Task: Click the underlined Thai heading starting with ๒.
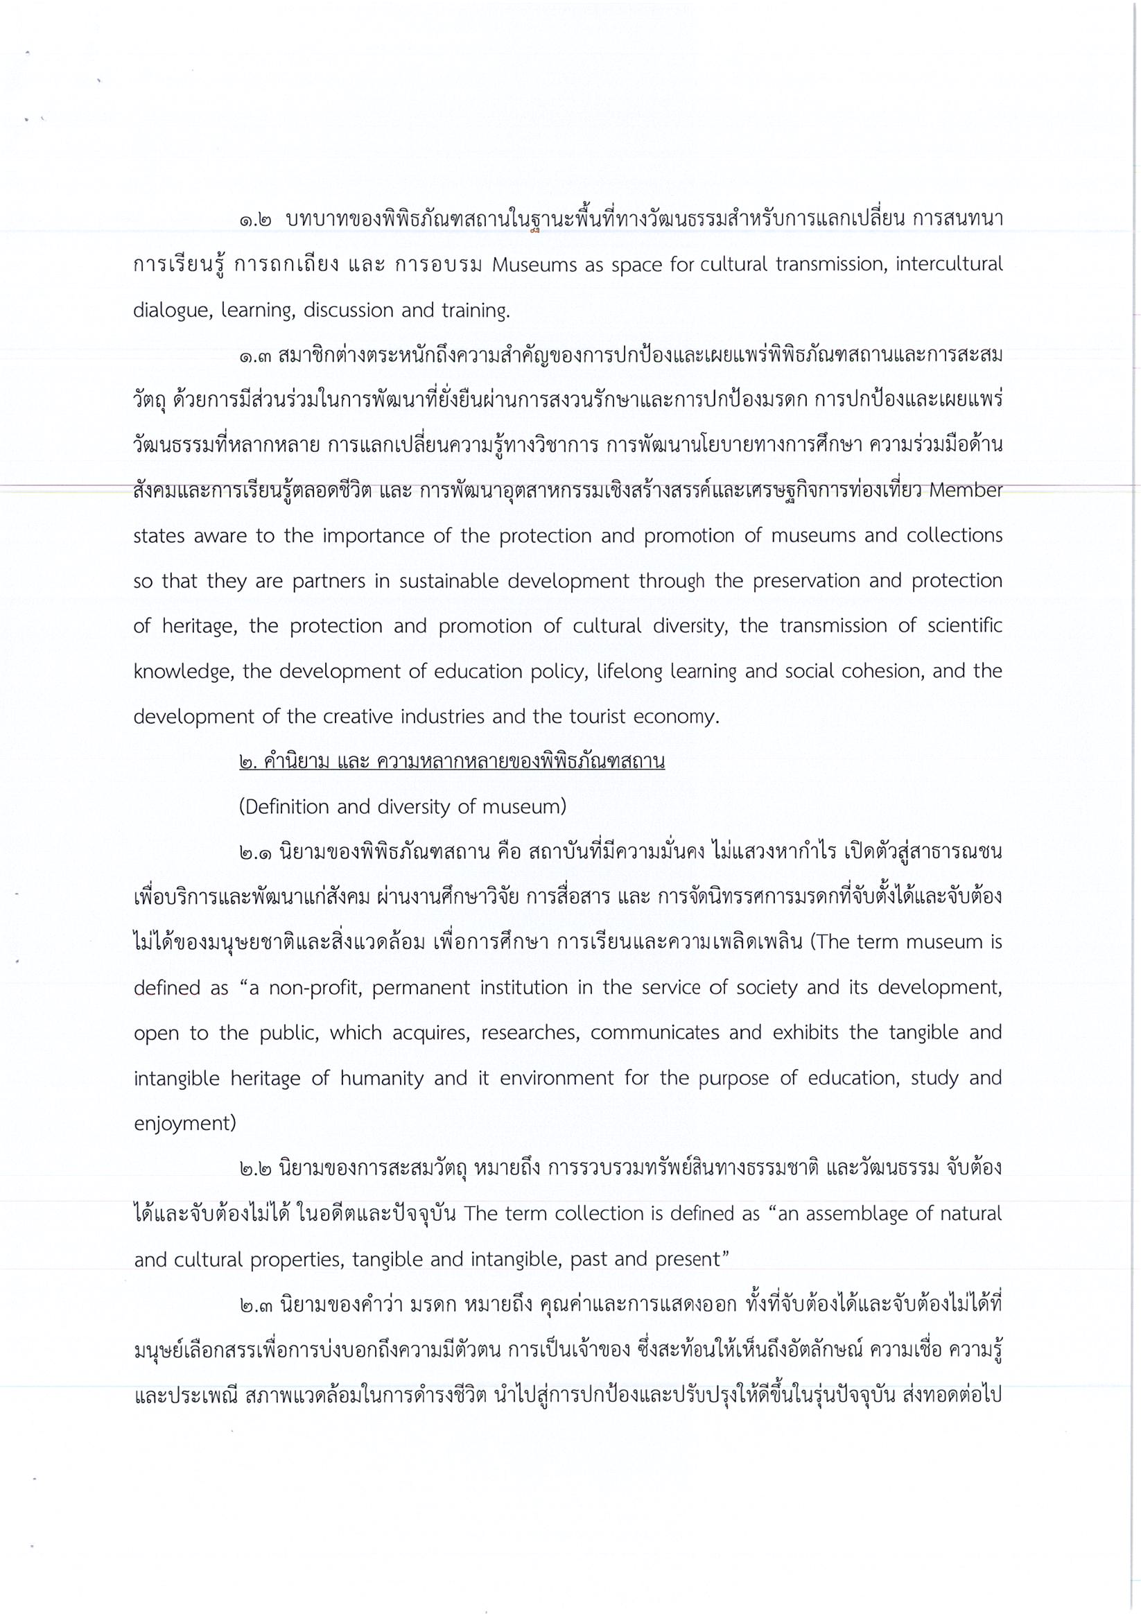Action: (x=452, y=761)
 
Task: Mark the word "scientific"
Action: (x=965, y=626)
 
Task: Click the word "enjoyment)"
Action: (x=184, y=1123)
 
